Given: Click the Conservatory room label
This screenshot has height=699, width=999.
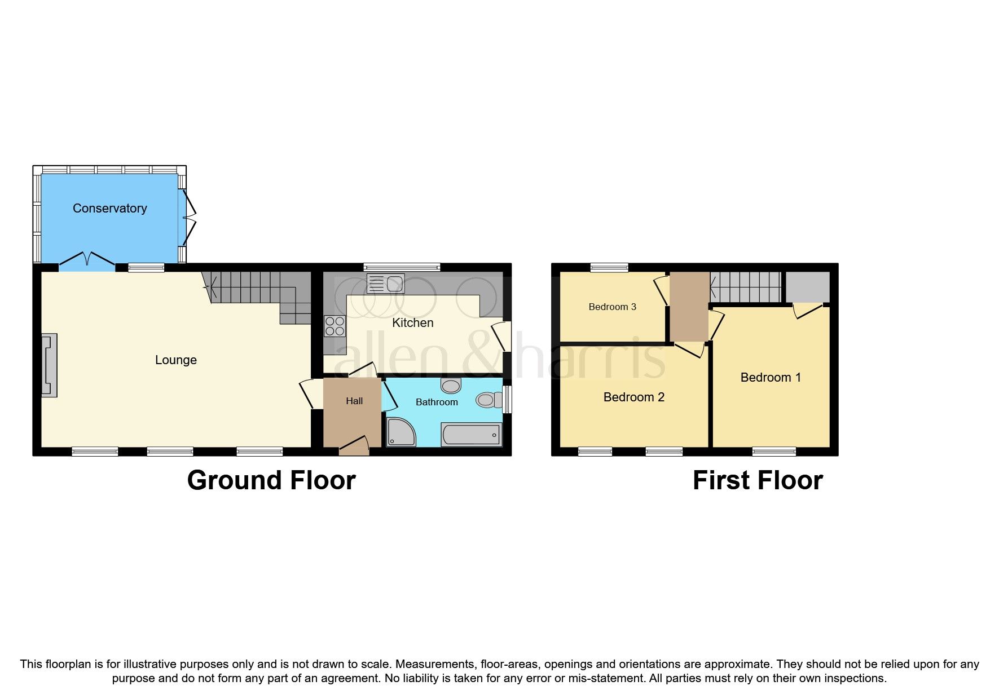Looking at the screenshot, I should pos(109,209).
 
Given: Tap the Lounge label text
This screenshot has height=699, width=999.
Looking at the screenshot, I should pos(175,360).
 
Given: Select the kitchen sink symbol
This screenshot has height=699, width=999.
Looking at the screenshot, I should pos(386,284).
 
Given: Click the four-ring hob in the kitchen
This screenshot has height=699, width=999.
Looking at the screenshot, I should pos(335,326).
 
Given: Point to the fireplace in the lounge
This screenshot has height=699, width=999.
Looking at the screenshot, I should pos(49,365).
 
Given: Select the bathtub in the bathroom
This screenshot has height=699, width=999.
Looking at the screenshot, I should pos(471,435).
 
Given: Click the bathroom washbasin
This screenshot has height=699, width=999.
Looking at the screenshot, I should pos(451,386).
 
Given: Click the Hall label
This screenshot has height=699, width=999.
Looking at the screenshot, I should pos(354,401).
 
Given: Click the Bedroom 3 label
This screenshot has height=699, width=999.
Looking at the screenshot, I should pos(612,307).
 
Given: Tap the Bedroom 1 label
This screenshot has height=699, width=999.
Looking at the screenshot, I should pos(770,378).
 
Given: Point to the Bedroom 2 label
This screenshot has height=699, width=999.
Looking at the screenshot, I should pos(633,397).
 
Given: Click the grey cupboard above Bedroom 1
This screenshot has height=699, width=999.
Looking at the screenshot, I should pos(807,287).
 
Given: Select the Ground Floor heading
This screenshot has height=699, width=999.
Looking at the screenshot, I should pos(271,481).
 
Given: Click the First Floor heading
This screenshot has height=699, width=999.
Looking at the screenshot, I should pos(757,481).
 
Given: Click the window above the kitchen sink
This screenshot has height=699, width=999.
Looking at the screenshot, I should pos(402,267).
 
